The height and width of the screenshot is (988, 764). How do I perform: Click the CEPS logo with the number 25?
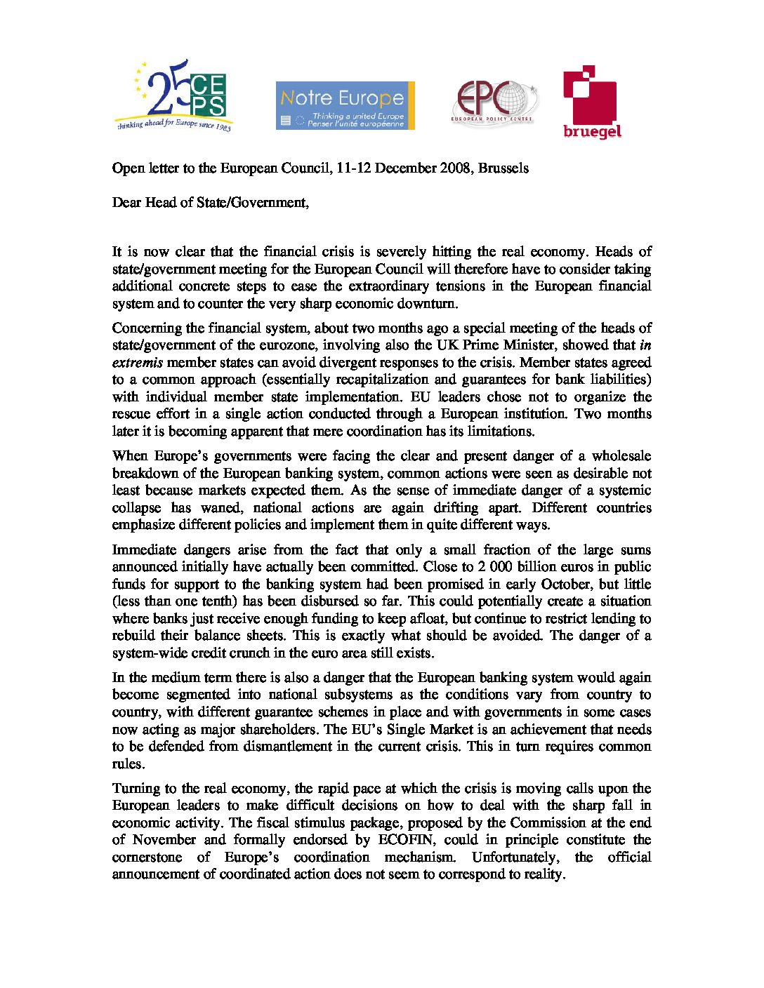point(173,95)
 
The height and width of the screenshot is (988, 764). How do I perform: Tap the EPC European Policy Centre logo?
point(494,102)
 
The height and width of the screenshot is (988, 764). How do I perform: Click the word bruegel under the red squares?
point(592,131)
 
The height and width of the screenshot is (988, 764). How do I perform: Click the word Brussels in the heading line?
point(503,168)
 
